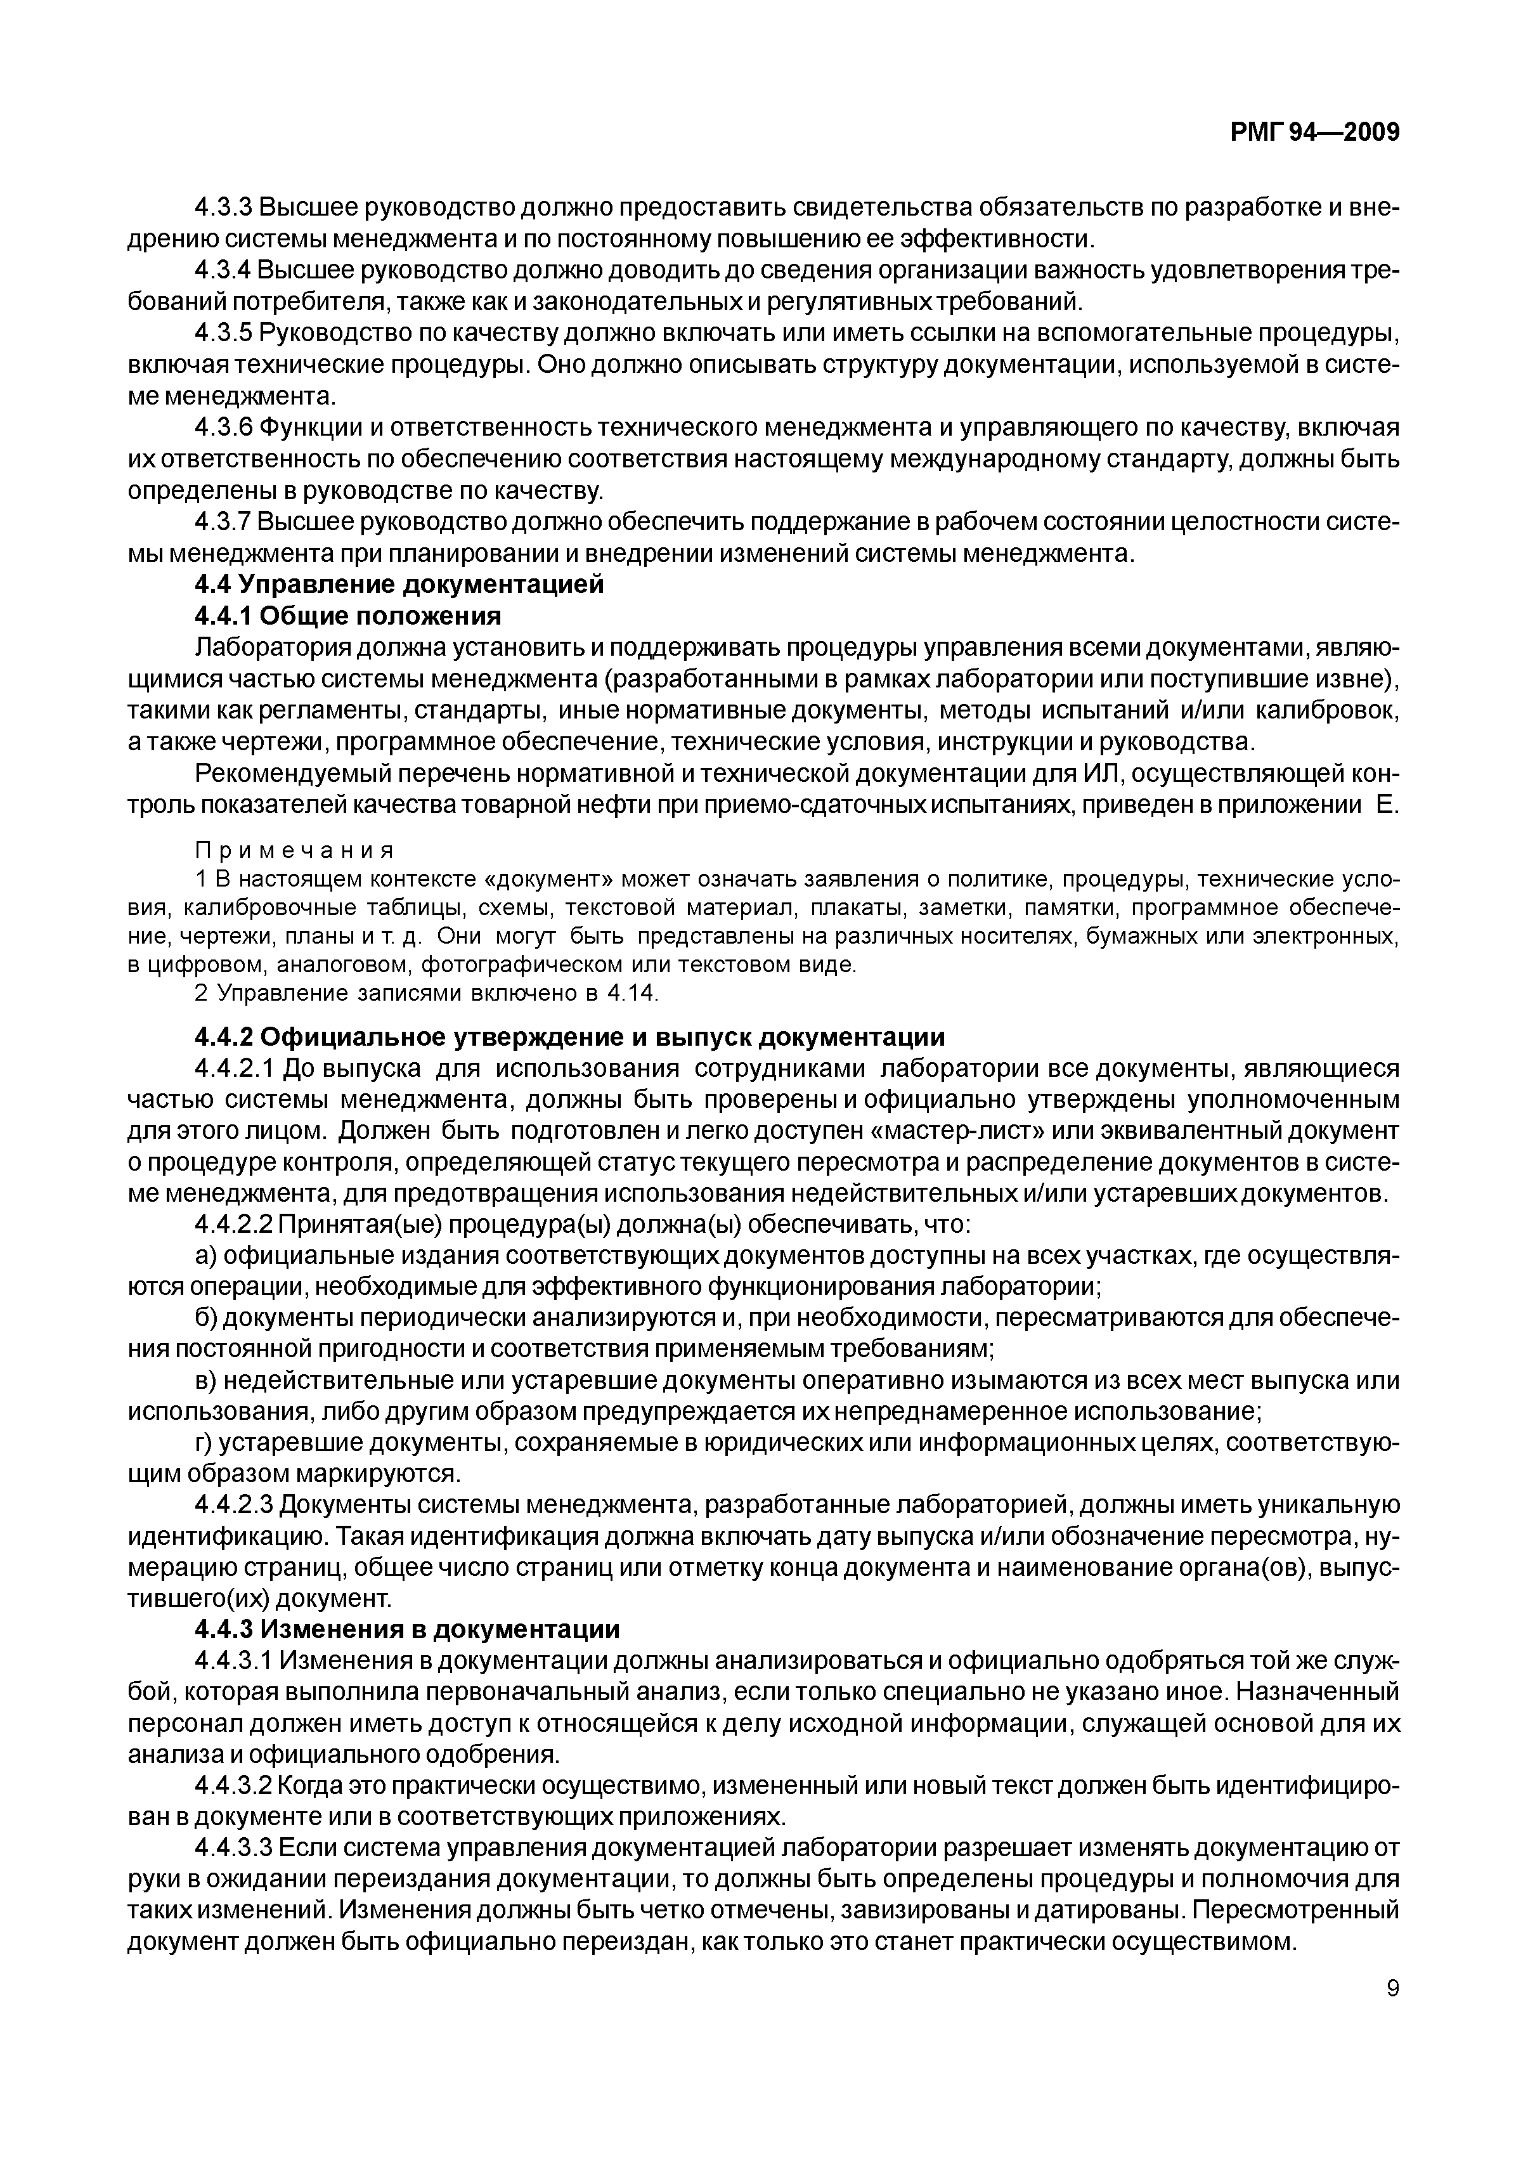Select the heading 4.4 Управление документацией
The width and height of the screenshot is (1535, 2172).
[398, 585]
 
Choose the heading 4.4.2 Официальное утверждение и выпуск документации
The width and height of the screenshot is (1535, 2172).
[569, 1037]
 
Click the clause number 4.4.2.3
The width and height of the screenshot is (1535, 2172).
[235, 1505]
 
